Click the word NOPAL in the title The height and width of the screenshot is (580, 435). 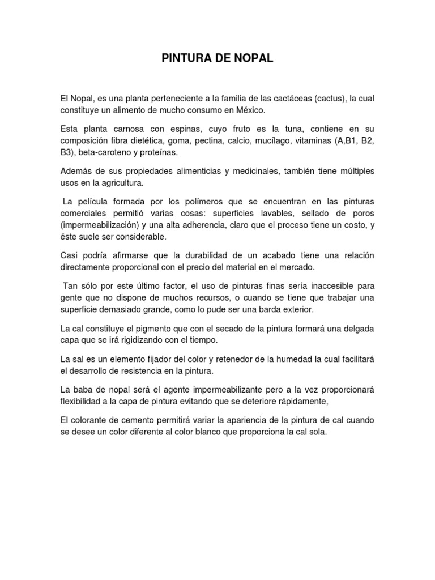(251, 59)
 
